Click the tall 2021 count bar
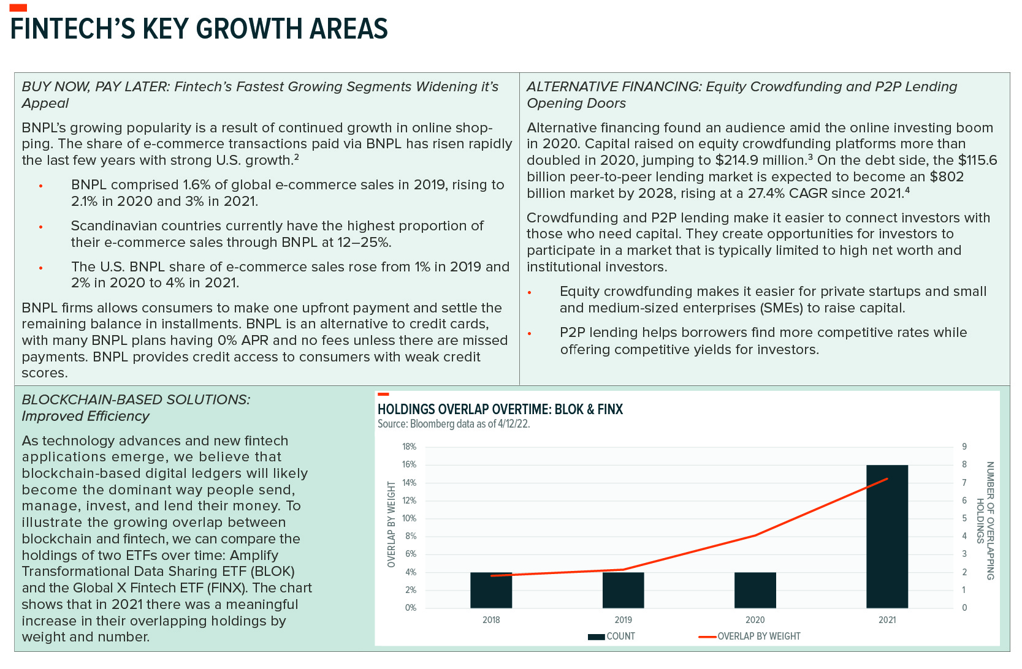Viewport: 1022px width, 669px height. tap(887, 536)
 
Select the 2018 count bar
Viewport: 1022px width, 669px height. tap(491, 590)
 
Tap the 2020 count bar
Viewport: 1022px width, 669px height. tap(755, 590)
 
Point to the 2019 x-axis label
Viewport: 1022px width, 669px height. tap(623, 620)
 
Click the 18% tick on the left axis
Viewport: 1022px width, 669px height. tap(410, 447)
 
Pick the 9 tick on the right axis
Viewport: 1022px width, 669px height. tap(964, 447)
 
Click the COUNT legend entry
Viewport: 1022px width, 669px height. tap(611, 637)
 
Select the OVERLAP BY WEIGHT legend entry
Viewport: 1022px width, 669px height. tap(750, 637)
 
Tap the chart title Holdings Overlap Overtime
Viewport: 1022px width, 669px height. tap(500, 409)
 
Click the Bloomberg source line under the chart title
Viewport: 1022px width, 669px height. tap(454, 424)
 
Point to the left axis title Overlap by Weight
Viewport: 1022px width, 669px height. tap(391, 524)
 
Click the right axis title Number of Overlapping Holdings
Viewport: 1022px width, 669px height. tap(985, 521)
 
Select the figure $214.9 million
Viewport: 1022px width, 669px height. tap(761, 161)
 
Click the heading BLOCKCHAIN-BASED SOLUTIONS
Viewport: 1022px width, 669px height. tap(136, 400)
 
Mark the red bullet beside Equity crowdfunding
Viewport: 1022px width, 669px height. tap(530, 292)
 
